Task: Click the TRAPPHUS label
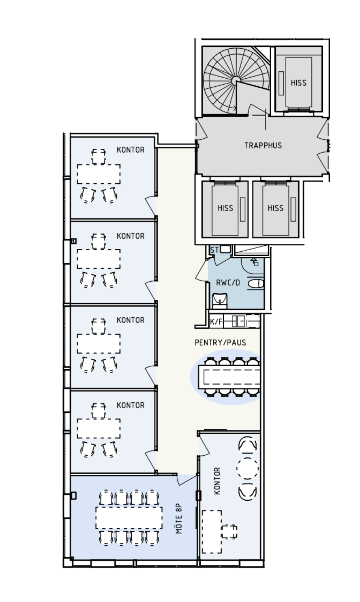263,146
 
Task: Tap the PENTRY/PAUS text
220,343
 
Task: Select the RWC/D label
228,283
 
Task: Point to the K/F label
216,322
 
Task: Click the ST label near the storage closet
214,250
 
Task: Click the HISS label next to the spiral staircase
298,83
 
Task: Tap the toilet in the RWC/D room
256,283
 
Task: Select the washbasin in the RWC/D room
220,301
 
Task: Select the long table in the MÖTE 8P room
129,518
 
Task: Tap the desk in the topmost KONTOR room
99,174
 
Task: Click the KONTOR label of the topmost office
130,150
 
